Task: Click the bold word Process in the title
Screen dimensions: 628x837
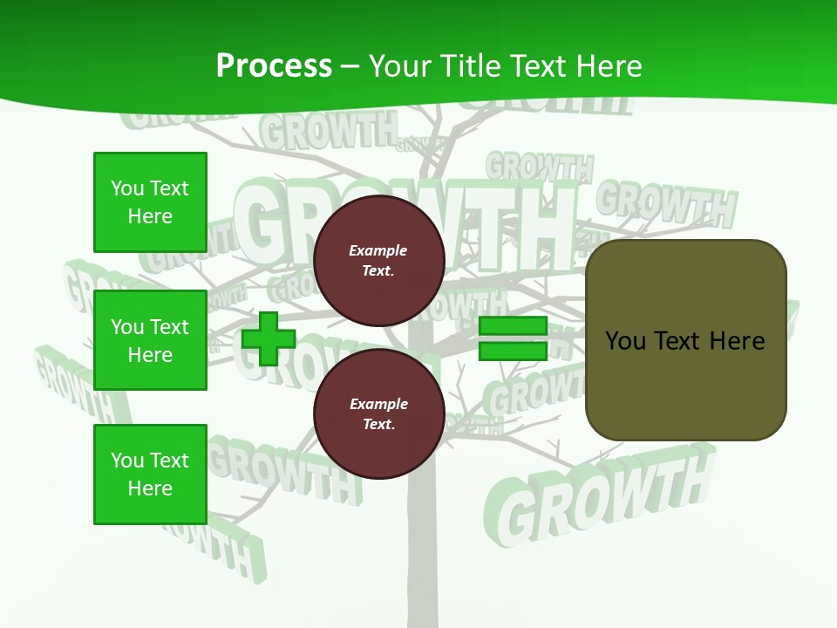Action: pos(274,65)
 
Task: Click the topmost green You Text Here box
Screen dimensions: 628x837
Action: pos(150,202)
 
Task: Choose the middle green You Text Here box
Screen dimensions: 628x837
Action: pos(150,340)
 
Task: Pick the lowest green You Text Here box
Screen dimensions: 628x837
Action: pos(150,474)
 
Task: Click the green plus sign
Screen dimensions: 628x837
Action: pos(269,338)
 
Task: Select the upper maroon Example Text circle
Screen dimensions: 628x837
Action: pos(378,261)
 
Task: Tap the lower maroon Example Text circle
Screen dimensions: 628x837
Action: pos(378,414)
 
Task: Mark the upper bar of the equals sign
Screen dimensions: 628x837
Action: pos(513,326)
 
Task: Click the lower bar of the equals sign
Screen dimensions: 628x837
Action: pos(513,351)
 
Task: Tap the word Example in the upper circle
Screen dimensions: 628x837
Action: pos(378,250)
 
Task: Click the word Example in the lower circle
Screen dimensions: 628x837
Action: pos(378,404)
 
